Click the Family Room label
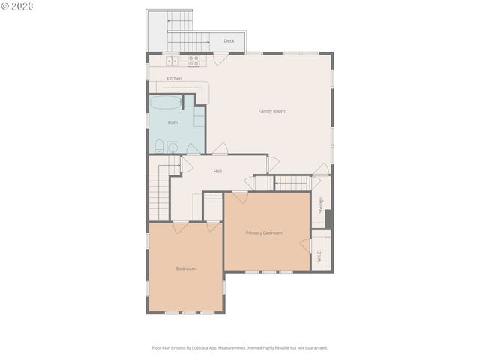pos(271,111)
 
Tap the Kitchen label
pos(174,79)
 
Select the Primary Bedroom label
pos(264,232)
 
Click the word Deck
pos(229,41)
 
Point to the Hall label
pos(217,171)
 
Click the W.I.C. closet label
pos(319,255)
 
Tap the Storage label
pos(321,205)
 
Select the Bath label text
pos(172,123)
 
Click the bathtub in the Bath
pos(166,103)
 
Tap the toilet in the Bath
pos(159,145)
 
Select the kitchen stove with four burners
pos(193,61)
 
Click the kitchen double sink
pos(171,61)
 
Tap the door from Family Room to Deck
pos(220,58)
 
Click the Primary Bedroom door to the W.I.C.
pos(306,245)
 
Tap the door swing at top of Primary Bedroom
pos(240,196)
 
